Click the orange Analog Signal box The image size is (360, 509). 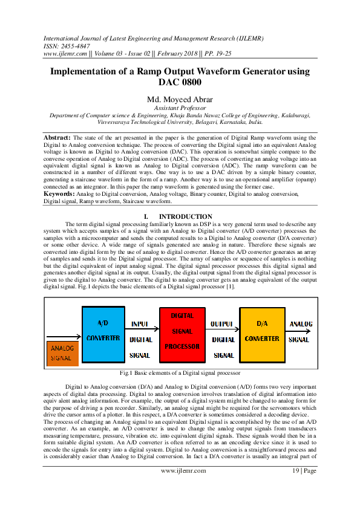62,353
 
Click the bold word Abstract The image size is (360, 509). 57,138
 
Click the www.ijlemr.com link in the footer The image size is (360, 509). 180,487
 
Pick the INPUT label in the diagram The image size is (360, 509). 140,324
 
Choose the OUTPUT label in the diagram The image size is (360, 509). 222,324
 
